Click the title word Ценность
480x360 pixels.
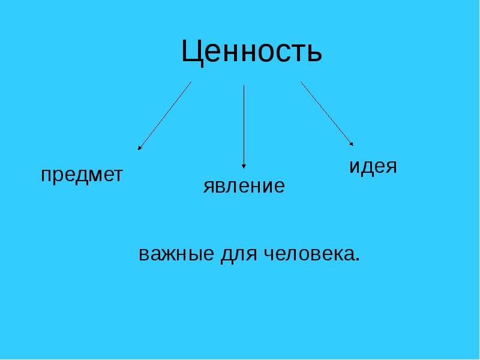(251, 53)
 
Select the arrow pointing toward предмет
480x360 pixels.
(165, 115)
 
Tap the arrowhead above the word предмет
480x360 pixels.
(140, 147)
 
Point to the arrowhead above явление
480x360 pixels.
(244, 165)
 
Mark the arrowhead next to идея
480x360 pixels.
(352, 143)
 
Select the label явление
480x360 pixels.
(244, 186)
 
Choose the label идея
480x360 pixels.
(373, 167)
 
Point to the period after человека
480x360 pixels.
(358, 260)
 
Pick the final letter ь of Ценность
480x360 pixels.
(315, 55)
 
